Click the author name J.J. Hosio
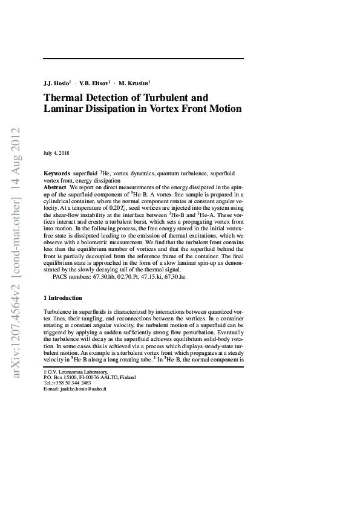56,82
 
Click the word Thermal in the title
65,97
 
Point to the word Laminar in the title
65,109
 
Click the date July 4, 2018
56,153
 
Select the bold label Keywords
56,173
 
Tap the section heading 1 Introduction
63,298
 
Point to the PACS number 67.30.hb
100,276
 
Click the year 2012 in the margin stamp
16,138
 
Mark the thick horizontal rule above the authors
143,59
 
